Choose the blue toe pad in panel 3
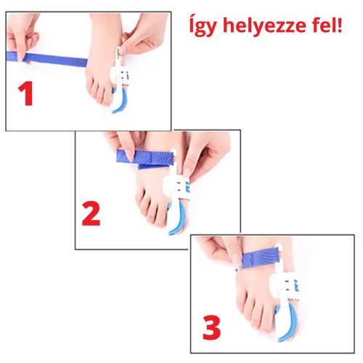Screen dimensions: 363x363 click(289, 319)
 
